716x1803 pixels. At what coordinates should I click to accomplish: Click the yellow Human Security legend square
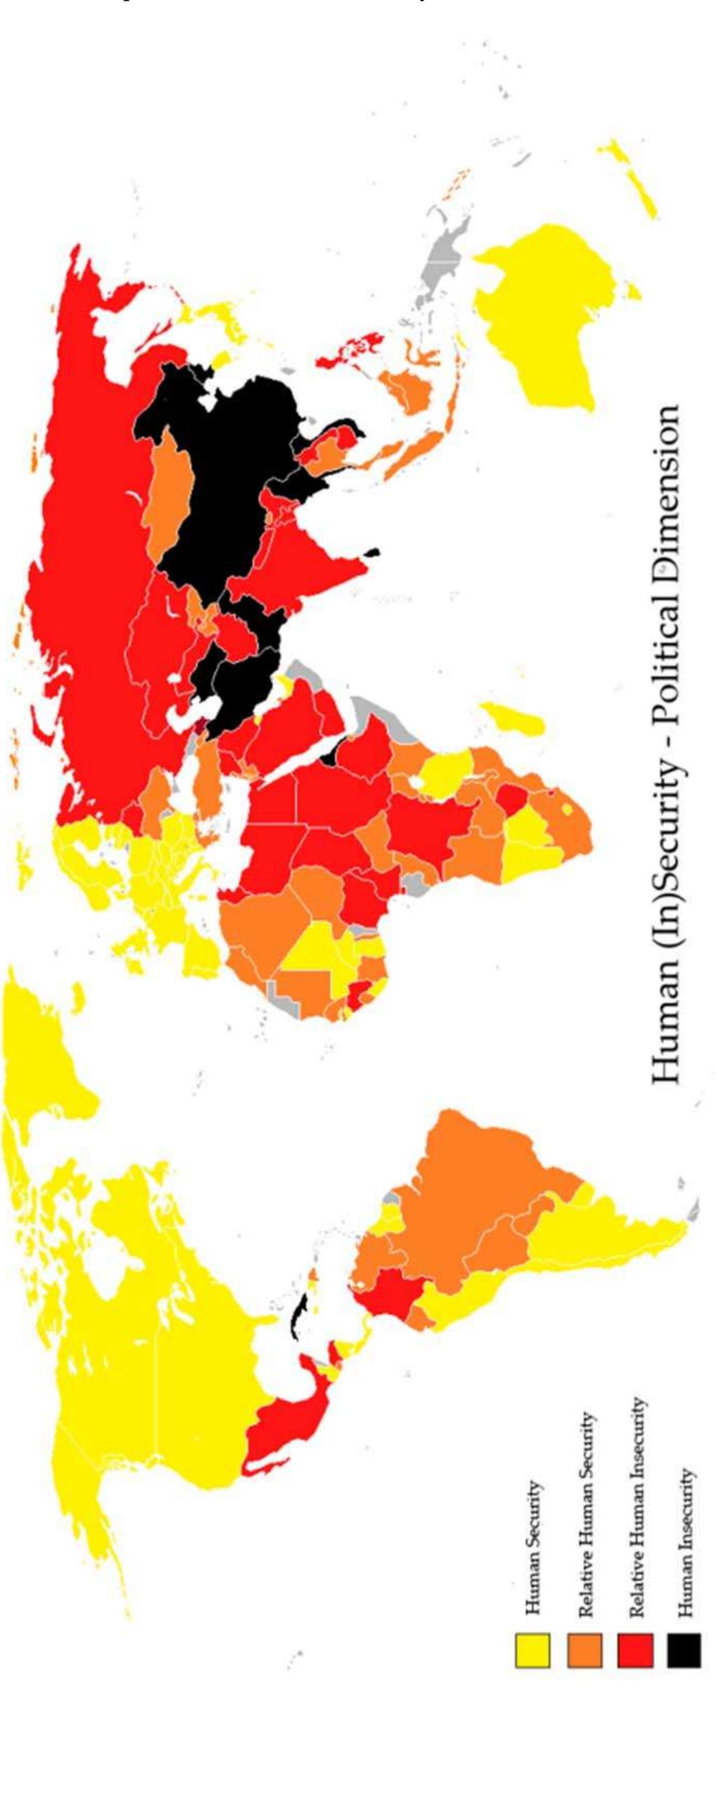tap(532, 1649)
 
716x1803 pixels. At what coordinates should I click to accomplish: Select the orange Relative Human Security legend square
tap(584, 1649)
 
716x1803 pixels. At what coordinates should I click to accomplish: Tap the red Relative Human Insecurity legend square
tap(635, 1649)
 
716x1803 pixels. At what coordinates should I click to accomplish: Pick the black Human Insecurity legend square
tap(684, 1649)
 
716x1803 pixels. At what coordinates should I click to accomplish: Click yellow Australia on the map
tap(546, 315)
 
